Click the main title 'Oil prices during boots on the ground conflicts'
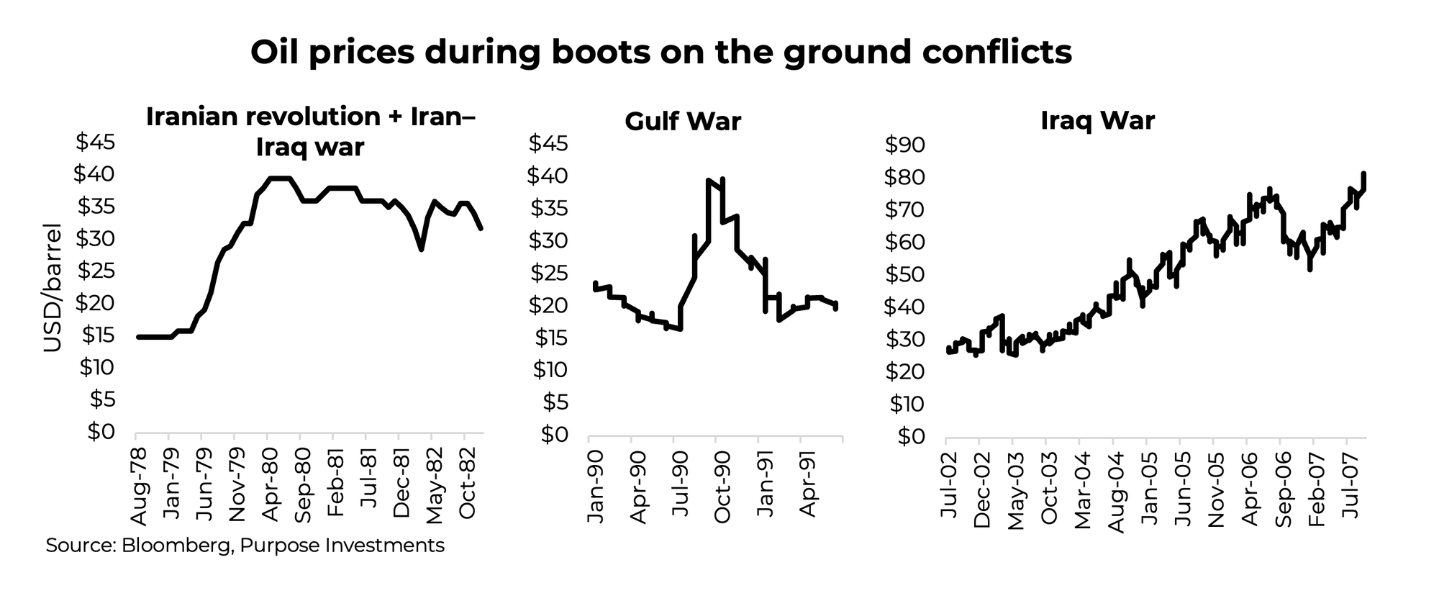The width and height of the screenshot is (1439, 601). [x=661, y=53]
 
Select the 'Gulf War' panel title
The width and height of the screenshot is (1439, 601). [x=682, y=121]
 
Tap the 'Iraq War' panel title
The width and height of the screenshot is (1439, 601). [x=1097, y=120]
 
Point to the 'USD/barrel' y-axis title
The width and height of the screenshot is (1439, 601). [x=53, y=288]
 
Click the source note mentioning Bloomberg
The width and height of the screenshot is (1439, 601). [x=245, y=546]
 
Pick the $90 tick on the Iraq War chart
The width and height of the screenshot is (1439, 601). [x=905, y=145]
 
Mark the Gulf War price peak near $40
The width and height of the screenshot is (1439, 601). [x=710, y=180]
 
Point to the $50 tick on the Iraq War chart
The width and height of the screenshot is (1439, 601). [x=905, y=275]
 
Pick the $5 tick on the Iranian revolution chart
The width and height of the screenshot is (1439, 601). [x=101, y=399]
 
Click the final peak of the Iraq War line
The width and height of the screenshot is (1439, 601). [x=1363, y=173]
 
